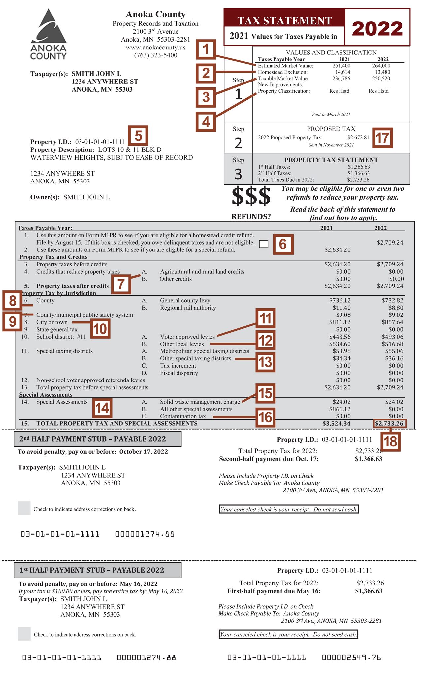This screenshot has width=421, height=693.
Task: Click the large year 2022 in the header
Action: pyautogui.click(x=377, y=29)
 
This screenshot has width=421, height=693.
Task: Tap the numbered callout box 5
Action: pyautogui.click(x=138, y=136)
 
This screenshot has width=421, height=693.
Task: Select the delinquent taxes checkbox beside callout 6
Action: pyautogui.click(x=264, y=244)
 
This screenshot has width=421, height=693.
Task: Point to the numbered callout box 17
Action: pyautogui.click(x=382, y=138)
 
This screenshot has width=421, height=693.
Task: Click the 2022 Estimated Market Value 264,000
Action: pyautogui.click(x=381, y=66)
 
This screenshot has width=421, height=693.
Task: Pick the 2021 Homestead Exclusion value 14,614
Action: pyautogui.click(x=343, y=72)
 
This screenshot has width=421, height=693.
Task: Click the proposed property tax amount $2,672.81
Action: pyautogui.click(x=358, y=137)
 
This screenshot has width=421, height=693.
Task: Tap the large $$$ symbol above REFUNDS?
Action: pyautogui.click(x=251, y=196)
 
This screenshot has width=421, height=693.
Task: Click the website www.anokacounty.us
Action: pyautogui.click(x=156, y=48)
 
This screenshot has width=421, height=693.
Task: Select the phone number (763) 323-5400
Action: pyautogui.click(x=156, y=55)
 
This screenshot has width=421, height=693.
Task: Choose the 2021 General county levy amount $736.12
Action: pyautogui.click(x=340, y=300)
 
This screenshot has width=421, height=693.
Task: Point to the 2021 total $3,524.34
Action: pyautogui.click(x=336, y=423)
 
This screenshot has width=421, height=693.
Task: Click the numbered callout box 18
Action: pyautogui.click(x=390, y=441)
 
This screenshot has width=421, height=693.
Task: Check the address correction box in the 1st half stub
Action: pyautogui.click(x=24, y=634)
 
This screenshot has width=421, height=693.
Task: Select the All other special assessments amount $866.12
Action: pyautogui.click(x=340, y=409)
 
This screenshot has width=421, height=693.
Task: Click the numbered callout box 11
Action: pyautogui.click(x=265, y=319)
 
